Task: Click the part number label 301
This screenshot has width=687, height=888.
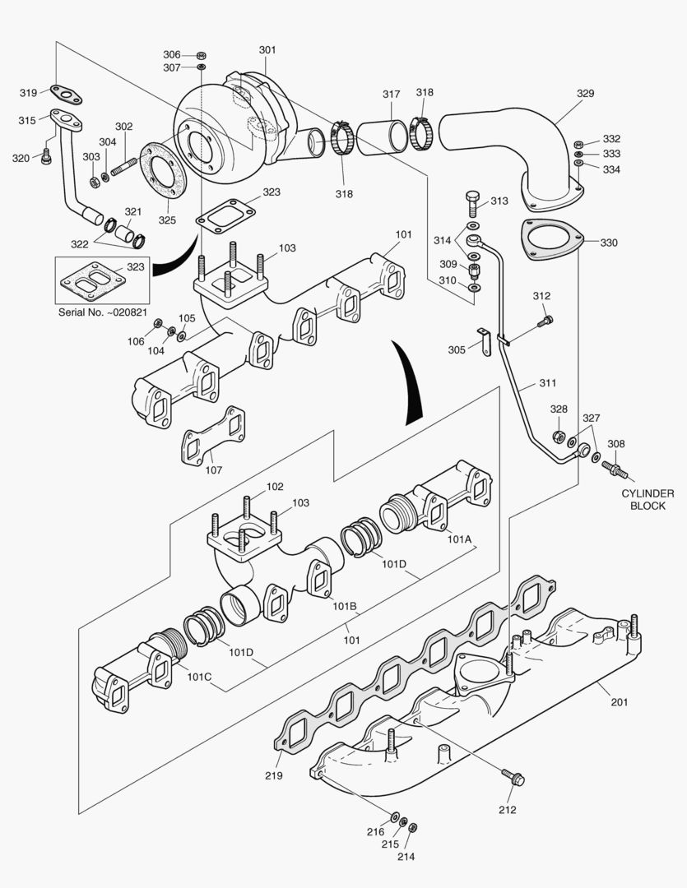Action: point(267,50)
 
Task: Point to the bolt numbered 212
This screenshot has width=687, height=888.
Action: point(515,777)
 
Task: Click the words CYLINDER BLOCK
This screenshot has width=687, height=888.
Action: point(648,499)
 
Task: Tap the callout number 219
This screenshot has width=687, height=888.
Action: point(273,775)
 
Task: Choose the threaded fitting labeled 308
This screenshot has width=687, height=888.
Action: point(614,469)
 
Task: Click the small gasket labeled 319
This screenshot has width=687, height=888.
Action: point(66,95)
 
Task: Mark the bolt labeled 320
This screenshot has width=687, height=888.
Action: point(46,154)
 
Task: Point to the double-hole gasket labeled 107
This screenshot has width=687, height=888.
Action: point(213,437)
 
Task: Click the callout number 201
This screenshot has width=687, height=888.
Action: point(619,701)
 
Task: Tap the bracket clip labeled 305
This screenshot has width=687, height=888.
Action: point(485,340)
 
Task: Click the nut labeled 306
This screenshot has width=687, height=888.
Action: point(202,54)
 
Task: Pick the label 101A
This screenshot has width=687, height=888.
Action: point(459,539)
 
